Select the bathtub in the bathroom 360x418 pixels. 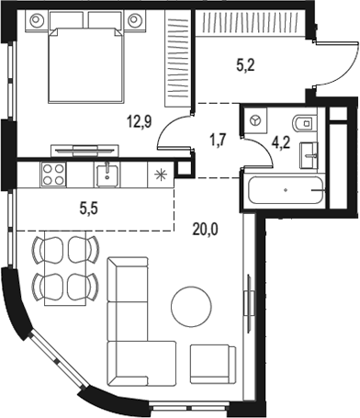tap(286, 191)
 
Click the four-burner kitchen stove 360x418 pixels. tap(51, 174)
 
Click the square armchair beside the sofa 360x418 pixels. tap(213, 366)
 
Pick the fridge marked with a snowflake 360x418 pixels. tap(163, 175)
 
